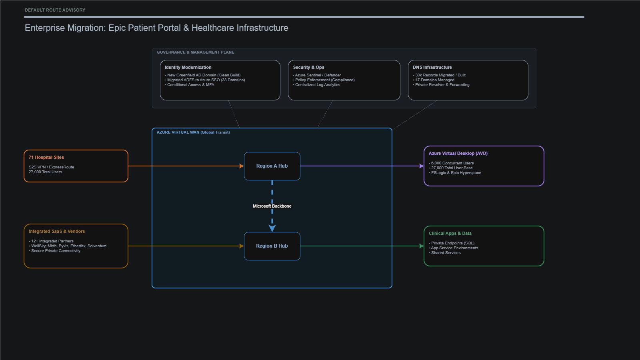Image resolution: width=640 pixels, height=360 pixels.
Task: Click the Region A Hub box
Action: pyautogui.click(x=272, y=166)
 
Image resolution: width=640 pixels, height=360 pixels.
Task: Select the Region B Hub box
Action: pyautogui.click(x=272, y=246)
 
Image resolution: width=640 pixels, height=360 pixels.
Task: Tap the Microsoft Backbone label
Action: pyautogui.click(x=272, y=206)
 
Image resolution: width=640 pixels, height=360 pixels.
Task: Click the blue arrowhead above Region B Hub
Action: pyautogui.click(x=272, y=228)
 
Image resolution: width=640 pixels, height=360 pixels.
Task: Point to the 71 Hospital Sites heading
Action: pyautogui.click(x=46, y=157)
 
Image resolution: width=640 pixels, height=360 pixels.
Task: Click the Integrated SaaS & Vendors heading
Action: pyautogui.click(x=57, y=231)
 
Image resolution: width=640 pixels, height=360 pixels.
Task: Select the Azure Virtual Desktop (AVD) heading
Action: pyautogui.click(x=458, y=153)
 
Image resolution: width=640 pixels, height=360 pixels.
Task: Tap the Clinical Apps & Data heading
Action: pyautogui.click(x=450, y=233)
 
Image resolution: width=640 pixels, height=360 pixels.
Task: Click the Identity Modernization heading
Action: pyautogui.click(x=188, y=67)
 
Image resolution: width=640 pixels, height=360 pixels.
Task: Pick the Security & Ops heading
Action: pyautogui.click(x=308, y=67)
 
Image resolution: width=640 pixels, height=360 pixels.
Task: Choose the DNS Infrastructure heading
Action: pyautogui.click(x=432, y=67)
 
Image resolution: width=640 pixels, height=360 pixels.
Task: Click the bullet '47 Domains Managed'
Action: pyautogui.click(x=434, y=80)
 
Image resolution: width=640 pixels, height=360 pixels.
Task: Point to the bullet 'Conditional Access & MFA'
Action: pyautogui.click(x=190, y=85)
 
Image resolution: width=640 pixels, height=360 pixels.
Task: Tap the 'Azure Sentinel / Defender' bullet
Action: pyautogui.click(x=318, y=75)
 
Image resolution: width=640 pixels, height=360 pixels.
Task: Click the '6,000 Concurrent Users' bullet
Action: pyautogui.click(x=452, y=163)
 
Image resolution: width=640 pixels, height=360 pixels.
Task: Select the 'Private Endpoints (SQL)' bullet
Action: pyautogui.click(x=452, y=243)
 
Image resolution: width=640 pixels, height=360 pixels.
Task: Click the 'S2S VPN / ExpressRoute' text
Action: pyautogui.click(x=51, y=167)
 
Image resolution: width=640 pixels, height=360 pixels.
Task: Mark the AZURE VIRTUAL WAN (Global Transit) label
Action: pyautogui.click(x=193, y=132)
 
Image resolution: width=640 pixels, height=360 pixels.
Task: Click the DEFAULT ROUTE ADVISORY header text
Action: pyautogui.click(x=55, y=10)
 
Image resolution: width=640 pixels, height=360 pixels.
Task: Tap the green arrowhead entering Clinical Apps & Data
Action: pyautogui.click(x=421, y=246)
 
